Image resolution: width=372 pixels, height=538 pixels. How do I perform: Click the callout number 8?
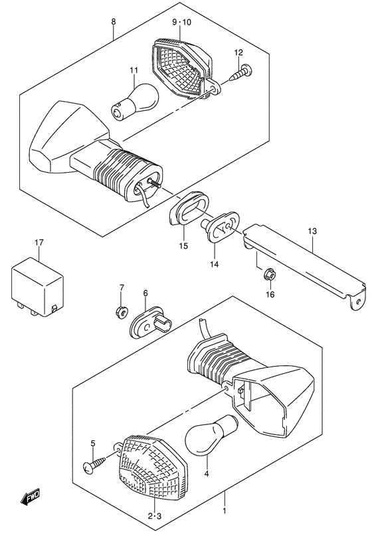coord(114,23)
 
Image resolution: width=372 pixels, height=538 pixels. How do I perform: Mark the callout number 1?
coord(225,529)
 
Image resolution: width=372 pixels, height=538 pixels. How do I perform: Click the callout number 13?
coord(314,231)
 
